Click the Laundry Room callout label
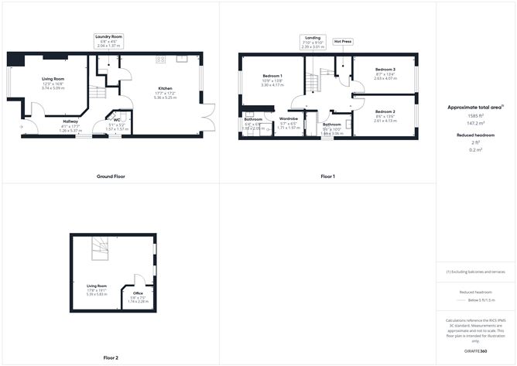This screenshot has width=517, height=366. point(109,41)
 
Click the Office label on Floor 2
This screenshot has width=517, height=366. point(138,293)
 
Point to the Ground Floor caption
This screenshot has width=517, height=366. point(111,176)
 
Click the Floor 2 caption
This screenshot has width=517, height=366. point(111,357)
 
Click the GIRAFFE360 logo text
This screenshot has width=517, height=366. point(476,351)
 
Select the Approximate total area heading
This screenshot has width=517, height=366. point(475,106)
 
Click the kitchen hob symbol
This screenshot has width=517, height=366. point(162,59)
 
